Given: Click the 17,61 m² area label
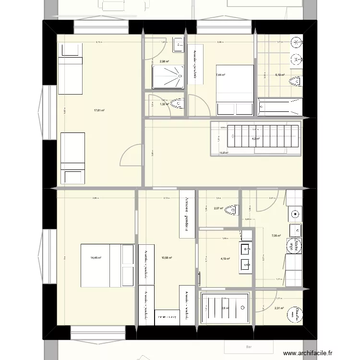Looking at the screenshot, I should tap(99, 110).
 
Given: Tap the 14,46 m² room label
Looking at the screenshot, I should tap(96, 258).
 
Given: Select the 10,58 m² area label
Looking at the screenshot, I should tap(167, 258).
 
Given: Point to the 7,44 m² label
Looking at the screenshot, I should tap(221, 75).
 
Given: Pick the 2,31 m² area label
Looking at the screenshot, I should tap(279, 309).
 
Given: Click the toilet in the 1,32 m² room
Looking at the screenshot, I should tap(178, 104).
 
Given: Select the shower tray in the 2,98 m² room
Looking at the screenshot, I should tap(168, 77).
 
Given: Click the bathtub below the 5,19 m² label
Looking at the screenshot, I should tap(280, 107).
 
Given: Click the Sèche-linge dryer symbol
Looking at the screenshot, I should tap(292, 245).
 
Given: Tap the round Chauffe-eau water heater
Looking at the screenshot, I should tap(295, 314).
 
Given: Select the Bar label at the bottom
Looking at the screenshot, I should tap(249, 347).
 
